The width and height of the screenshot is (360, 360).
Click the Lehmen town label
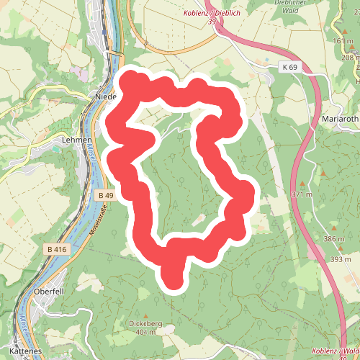(77, 140)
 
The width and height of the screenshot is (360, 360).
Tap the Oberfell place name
(50, 292)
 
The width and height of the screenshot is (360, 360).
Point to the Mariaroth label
(341, 118)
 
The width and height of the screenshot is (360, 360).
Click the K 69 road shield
(289, 67)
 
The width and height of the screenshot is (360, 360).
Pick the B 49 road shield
(105, 195)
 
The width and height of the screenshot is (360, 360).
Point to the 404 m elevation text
(146, 333)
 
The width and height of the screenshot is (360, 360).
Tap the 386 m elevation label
(334, 238)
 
